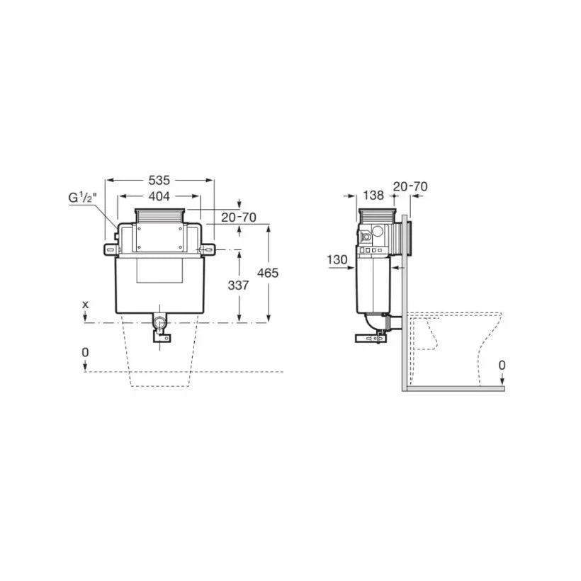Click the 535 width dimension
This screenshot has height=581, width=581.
(x=159, y=181)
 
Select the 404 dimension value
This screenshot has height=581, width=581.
(x=159, y=196)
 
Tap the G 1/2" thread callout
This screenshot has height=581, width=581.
(x=83, y=198)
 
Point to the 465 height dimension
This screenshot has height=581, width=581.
(x=268, y=273)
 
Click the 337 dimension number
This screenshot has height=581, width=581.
(x=238, y=286)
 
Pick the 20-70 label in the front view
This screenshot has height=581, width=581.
(x=239, y=217)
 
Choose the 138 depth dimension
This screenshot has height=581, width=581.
(x=373, y=196)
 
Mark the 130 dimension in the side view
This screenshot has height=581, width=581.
(x=337, y=260)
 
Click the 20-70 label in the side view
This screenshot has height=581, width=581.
(x=410, y=186)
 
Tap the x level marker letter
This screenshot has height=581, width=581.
(x=86, y=305)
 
